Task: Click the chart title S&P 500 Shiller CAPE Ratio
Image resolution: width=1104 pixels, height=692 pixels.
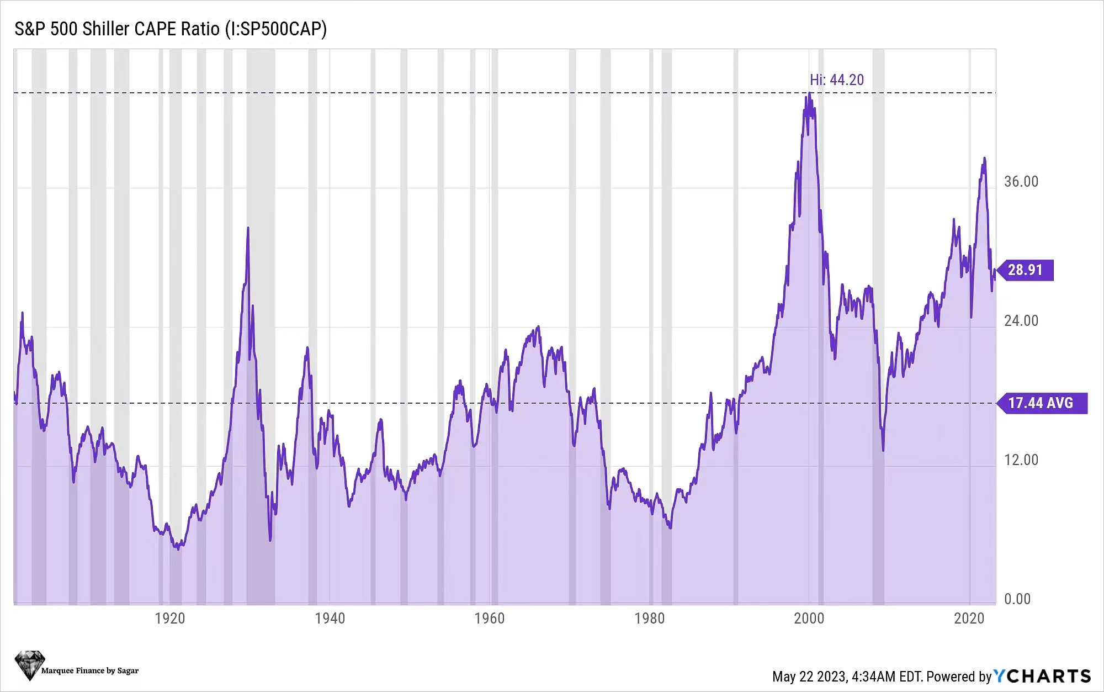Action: click(x=170, y=29)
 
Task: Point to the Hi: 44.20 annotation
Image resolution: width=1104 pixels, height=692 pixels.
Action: click(x=836, y=80)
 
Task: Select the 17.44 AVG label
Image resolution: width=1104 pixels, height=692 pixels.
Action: click(x=1041, y=403)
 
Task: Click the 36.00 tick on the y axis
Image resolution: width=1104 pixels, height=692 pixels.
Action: click(x=1021, y=182)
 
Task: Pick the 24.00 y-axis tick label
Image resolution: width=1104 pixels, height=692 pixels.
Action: click(x=1021, y=321)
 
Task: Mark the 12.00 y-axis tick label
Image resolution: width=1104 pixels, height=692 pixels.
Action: click(x=1021, y=460)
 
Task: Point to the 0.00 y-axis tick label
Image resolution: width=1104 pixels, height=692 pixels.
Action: click(x=1017, y=599)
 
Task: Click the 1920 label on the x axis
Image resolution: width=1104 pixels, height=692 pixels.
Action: click(x=170, y=619)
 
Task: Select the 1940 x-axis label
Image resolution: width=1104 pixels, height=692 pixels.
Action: click(x=330, y=619)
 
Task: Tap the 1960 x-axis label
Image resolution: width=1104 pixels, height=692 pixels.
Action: click(x=490, y=619)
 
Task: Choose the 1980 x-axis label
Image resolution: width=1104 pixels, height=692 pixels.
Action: click(x=649, y=619)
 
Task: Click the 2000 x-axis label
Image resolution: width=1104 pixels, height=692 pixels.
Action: click(x=809, y=619)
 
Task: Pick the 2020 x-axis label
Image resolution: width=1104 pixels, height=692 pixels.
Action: click(x=969, y=619)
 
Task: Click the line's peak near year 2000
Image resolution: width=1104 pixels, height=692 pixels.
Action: click(x=810, y=94)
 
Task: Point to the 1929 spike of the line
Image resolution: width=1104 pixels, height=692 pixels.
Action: click(x=248, y=229)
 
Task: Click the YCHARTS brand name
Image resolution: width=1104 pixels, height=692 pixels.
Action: click(x=1042, y=676)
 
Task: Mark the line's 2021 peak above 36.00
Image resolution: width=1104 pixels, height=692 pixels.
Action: click(x=984, y=160)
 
